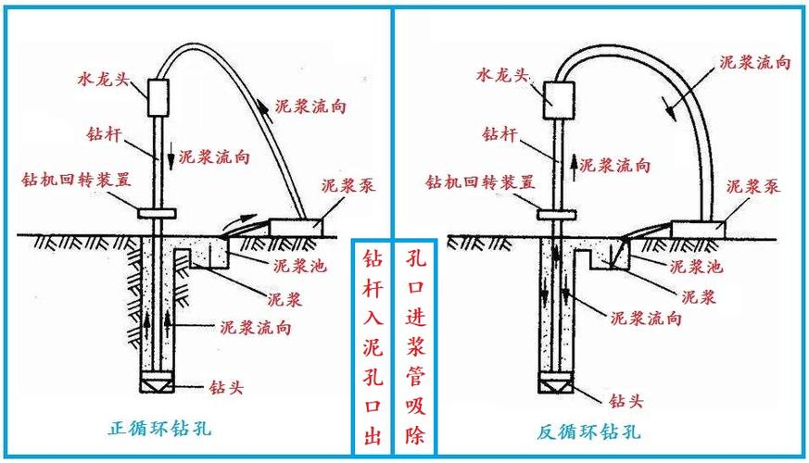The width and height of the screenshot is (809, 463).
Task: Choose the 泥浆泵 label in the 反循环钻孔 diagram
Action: click(x=752, y=185)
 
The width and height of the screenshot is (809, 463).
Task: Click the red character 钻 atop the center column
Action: click(x=371, y=257)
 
